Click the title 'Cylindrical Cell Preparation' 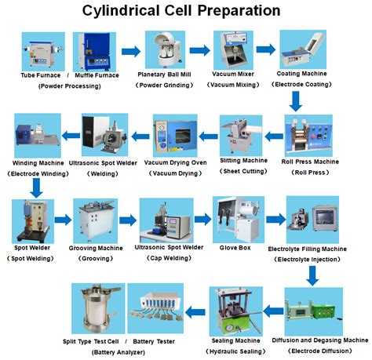tap(187, 11)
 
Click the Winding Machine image tap(35, 135)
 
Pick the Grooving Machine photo tap(96, 220)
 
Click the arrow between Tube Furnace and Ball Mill tap(130, 52)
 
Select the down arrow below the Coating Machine tap(296, 100)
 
